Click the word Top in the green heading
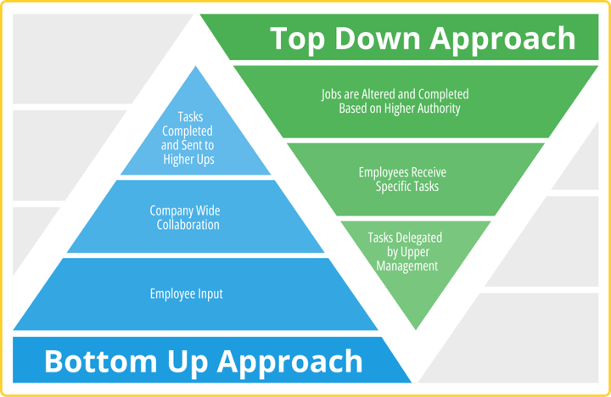tap(297, 40)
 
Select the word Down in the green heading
tap(377, 38)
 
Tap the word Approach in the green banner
tap(502, 40)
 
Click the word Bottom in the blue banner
tap(100, 361)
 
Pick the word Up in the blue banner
tap(188, 363)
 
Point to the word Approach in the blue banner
tap(290, 363)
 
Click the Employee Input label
tap(186, 294)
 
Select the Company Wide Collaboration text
tap(185, 217)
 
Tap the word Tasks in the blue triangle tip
tap(190, 116)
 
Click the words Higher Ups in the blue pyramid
tap(188, 159)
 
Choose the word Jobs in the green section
tap(329, 95)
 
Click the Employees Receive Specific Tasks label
tap(402, 179)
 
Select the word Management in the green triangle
tap(406, 266)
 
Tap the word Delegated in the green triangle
tap(418, 238)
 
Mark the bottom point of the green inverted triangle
tap(415, 329)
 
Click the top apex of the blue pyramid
tap(196, 67)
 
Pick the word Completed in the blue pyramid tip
tap(188, 131)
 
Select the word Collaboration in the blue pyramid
tap(188, 225)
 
